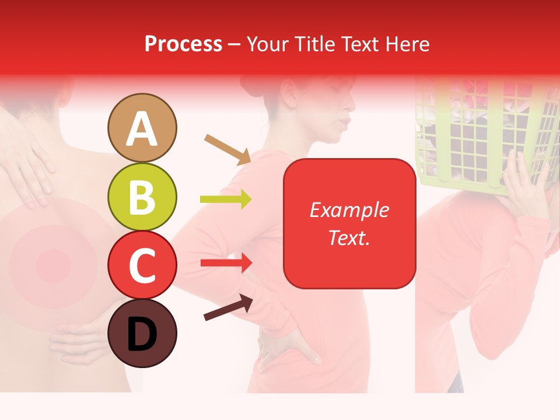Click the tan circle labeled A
click(142, 128)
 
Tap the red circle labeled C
click(142, 265)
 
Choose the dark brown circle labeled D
click(142, 333)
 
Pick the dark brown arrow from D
click(228, 307)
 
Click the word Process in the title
click(183, 44)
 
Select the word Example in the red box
click(349, 210)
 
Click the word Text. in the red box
click(349, 237)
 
